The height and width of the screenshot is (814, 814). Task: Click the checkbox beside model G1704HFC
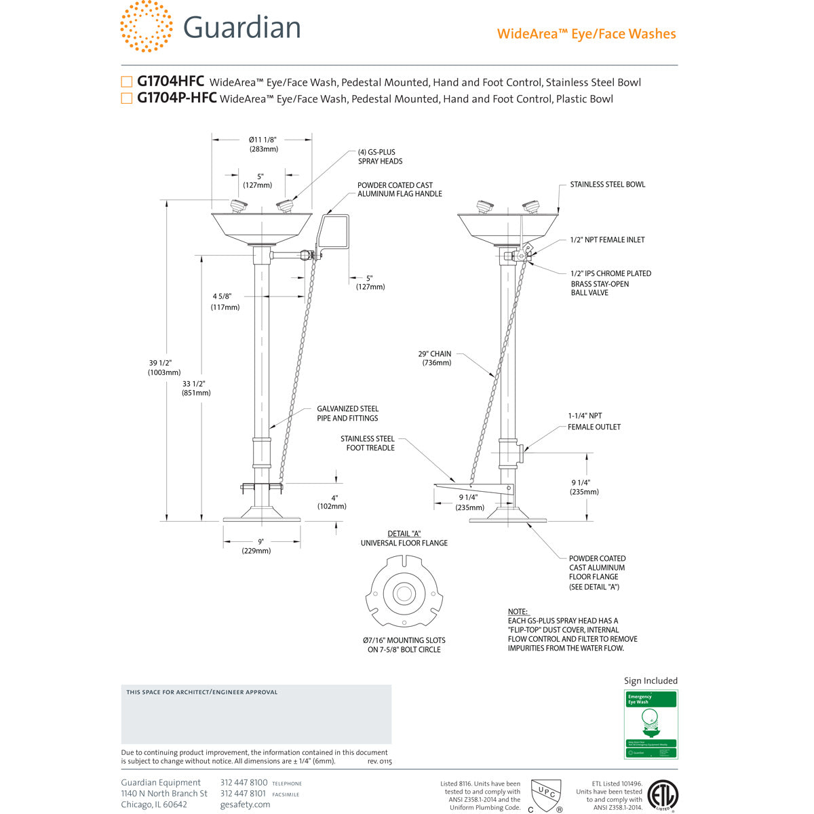click(126, 82)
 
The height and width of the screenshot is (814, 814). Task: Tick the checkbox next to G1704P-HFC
click(126, 98)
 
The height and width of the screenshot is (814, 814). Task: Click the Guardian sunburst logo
click(146, 26)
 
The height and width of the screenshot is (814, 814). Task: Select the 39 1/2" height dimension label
click(164, 367)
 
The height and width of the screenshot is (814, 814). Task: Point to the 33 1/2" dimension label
click(196, 388)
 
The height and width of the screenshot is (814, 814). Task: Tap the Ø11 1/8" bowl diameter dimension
click(263, 144)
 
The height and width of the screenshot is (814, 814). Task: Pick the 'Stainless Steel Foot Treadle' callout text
click(367, 443)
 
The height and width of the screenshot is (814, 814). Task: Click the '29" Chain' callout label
click(435, 358)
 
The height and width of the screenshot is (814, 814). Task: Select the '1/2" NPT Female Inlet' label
click(607, 239)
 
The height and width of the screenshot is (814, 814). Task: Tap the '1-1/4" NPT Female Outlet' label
click(594, 421)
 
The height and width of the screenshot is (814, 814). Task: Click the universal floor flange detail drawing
click(404, 592)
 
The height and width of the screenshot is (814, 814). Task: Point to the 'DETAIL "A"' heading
click(404, 534)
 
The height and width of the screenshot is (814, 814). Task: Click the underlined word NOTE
click(518, 612)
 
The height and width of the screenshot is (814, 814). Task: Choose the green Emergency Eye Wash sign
click(651, 724)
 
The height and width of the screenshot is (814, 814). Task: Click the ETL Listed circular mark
click(663, 795)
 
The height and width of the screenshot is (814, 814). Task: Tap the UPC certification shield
click(545, 794)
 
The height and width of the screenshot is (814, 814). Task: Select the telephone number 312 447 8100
click(244, 782)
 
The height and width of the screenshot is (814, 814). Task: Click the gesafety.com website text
click(245, 805)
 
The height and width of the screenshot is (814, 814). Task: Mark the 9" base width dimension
click(260, 546)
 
